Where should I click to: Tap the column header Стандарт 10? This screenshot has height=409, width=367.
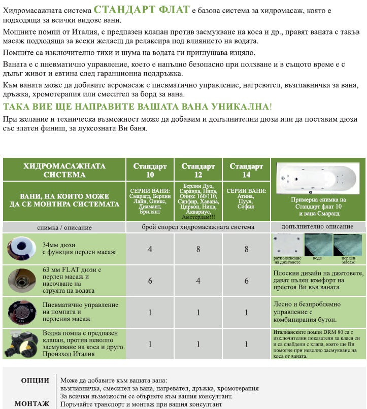150,171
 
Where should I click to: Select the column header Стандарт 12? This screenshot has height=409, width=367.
198,171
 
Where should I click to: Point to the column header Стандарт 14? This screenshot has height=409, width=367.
246,171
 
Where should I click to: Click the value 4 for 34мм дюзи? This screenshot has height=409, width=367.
150,249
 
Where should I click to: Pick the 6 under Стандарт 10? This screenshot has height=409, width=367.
150,281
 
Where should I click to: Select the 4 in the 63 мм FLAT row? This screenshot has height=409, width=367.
198,281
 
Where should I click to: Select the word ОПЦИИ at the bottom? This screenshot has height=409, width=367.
35,381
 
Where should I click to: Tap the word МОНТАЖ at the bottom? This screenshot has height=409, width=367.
32,403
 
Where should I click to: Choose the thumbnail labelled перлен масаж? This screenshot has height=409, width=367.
348,246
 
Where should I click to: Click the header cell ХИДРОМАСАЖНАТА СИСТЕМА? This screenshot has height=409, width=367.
64,171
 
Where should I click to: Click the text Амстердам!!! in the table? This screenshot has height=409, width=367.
198,217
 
